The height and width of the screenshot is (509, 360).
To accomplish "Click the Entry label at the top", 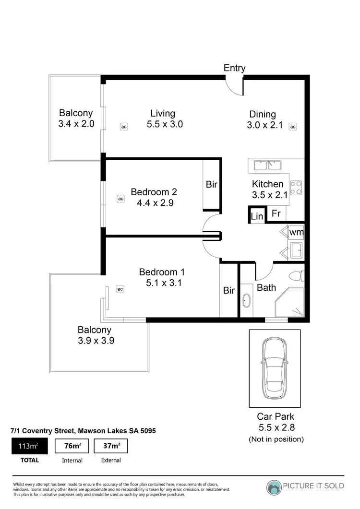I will (x=234, y=68).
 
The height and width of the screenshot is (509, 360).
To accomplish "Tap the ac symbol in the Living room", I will (x=123, y=127).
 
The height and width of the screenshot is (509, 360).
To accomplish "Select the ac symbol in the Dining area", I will (x=292, y=127).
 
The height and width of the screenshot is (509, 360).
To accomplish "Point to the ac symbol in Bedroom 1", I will (x=120, y=289).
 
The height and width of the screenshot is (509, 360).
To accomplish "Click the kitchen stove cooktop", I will (x=296, y=187).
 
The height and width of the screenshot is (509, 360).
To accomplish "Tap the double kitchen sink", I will (x=268, y=166).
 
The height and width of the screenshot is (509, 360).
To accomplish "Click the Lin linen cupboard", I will (x=257, y=216).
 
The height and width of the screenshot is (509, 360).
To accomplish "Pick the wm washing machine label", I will (x=296, y=233).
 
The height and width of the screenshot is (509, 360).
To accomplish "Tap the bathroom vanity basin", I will (x=247, y=300).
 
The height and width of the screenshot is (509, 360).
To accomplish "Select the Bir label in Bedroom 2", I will (x=212, y=184).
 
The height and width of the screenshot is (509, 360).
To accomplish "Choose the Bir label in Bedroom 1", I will (x=229, y=291).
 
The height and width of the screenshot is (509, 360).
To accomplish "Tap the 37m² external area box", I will (x=110, y=446).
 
